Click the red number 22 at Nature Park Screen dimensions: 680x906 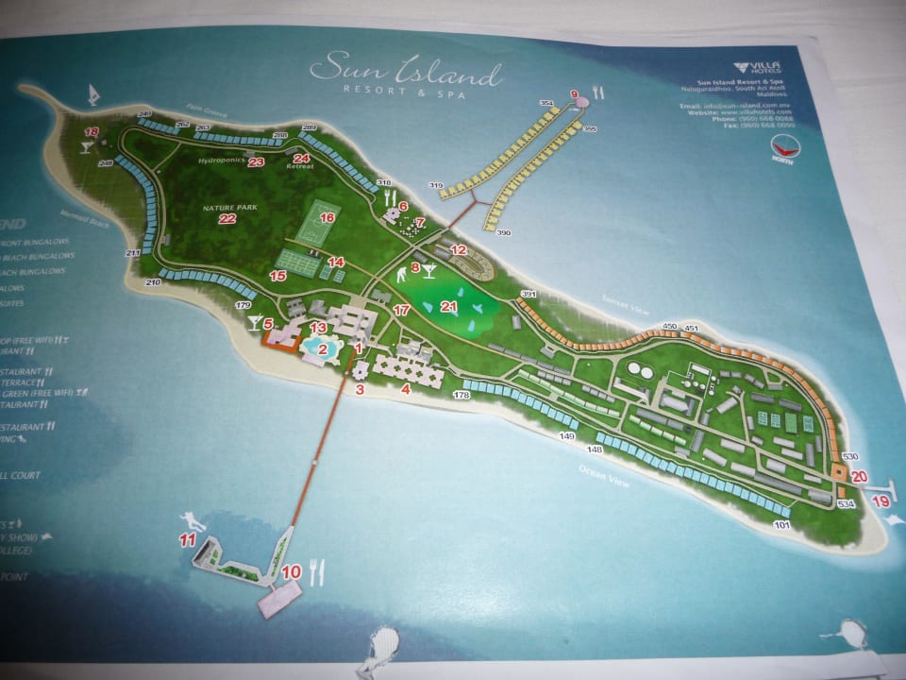pyautogui.click(x=226, y=219)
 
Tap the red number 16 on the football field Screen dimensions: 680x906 pyautogui.click(x=327, y=217)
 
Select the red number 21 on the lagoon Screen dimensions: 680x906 pyautogui.click(x=449, y=306)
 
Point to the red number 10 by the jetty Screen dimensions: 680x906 pyautogui.click(x=291, y=571)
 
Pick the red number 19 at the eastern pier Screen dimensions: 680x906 pyautogui.click(x=880, y=502)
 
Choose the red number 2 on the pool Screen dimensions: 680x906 pyautogui.click(x=323, y=348)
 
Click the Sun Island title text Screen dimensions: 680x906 pyautogui.click(x=405, y=72)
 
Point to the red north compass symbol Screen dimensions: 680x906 pyautogui.click(x=782, y=146)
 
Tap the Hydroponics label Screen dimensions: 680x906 pyautogui.click(x=222, y=161)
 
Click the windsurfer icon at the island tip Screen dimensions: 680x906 pyautogui.click(x=94, y=94)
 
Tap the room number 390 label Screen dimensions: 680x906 pyautogui.click(x=503, y=232)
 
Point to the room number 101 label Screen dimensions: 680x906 pyautogui.click(x=780, y=524)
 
